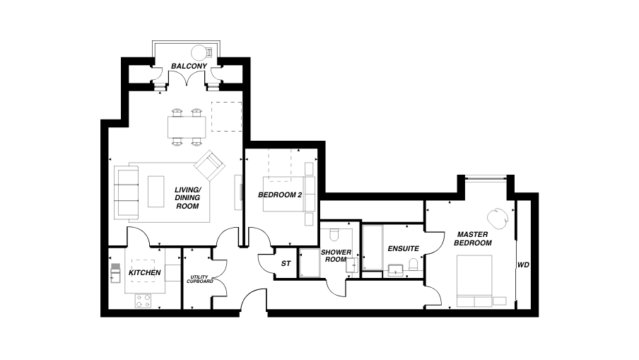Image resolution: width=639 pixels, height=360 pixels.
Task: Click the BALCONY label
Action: coord(189,66)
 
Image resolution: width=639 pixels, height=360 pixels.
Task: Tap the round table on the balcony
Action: coord(201,52)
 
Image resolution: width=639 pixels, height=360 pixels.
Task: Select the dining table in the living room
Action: coord(187,127)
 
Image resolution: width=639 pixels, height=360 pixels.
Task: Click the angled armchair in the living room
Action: coord(209,166)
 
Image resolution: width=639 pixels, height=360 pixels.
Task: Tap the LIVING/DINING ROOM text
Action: coord(187,197)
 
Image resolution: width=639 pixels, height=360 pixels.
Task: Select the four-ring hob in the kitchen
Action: coord(143,300)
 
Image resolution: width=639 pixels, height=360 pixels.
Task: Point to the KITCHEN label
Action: coord(144,272)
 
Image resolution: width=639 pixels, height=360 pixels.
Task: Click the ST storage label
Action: coord(286,263)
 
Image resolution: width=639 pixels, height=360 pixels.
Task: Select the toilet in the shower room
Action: coord(336,236)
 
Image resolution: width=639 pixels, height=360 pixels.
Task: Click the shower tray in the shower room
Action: coord(308,264)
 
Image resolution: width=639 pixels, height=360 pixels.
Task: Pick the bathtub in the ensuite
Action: coord(372,247)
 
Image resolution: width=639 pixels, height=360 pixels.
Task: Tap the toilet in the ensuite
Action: coord(414,265)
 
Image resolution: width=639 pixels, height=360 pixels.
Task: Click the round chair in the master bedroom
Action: coord(498,216)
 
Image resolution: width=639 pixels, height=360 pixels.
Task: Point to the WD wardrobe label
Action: coord(523,265)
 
